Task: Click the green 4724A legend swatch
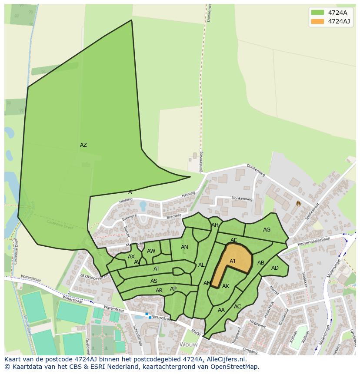point(317,12)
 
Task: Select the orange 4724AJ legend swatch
point(317,21)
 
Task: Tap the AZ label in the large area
point(83,145)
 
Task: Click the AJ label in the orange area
point(232,261)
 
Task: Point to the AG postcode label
point(267,230)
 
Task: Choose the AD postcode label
point(275,268)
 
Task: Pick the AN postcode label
point(184,247)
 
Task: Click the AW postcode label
point(151,251)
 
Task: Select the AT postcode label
point(157,269)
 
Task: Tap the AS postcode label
point(154,281)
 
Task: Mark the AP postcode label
point(173,289)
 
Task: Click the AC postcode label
point(237,307)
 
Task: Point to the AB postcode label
point(261,263)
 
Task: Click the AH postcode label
point(215,225)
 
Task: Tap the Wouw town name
point(189,344)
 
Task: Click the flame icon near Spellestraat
point(298,203)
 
